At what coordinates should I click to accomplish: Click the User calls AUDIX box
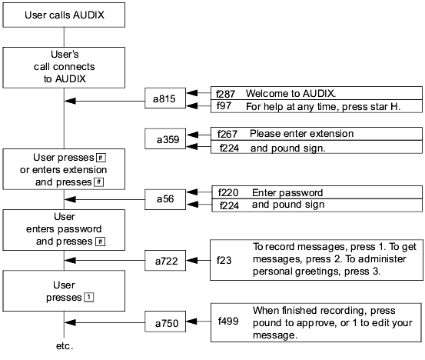click(64, 15)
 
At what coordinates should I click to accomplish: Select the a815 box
click(165, 98)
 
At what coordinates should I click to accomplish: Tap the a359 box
click(165, 138)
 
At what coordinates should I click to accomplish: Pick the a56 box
click(165, 199)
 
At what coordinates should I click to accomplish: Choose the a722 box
click(165, 261)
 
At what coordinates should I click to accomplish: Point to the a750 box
click(165, 322)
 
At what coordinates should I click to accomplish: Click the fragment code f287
click(225, 94)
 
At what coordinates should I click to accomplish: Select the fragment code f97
click(224, 106)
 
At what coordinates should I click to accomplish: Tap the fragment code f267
click(227, 134)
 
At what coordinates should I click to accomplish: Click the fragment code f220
click(228, 192)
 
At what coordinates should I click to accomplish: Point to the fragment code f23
click(224, 260)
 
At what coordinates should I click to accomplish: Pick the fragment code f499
click(228, 322)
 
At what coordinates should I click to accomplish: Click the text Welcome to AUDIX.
click(291, 94)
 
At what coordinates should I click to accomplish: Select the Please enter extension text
click(302, 134)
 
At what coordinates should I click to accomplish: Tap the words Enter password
click(287, 192)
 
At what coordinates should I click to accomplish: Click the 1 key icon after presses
click(89, 297)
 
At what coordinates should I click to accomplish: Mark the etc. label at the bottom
click(65, 346)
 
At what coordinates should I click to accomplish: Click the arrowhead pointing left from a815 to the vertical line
click(70, 101)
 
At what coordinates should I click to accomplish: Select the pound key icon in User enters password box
click(100, 242)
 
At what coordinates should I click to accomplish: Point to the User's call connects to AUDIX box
click(64, 68)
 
